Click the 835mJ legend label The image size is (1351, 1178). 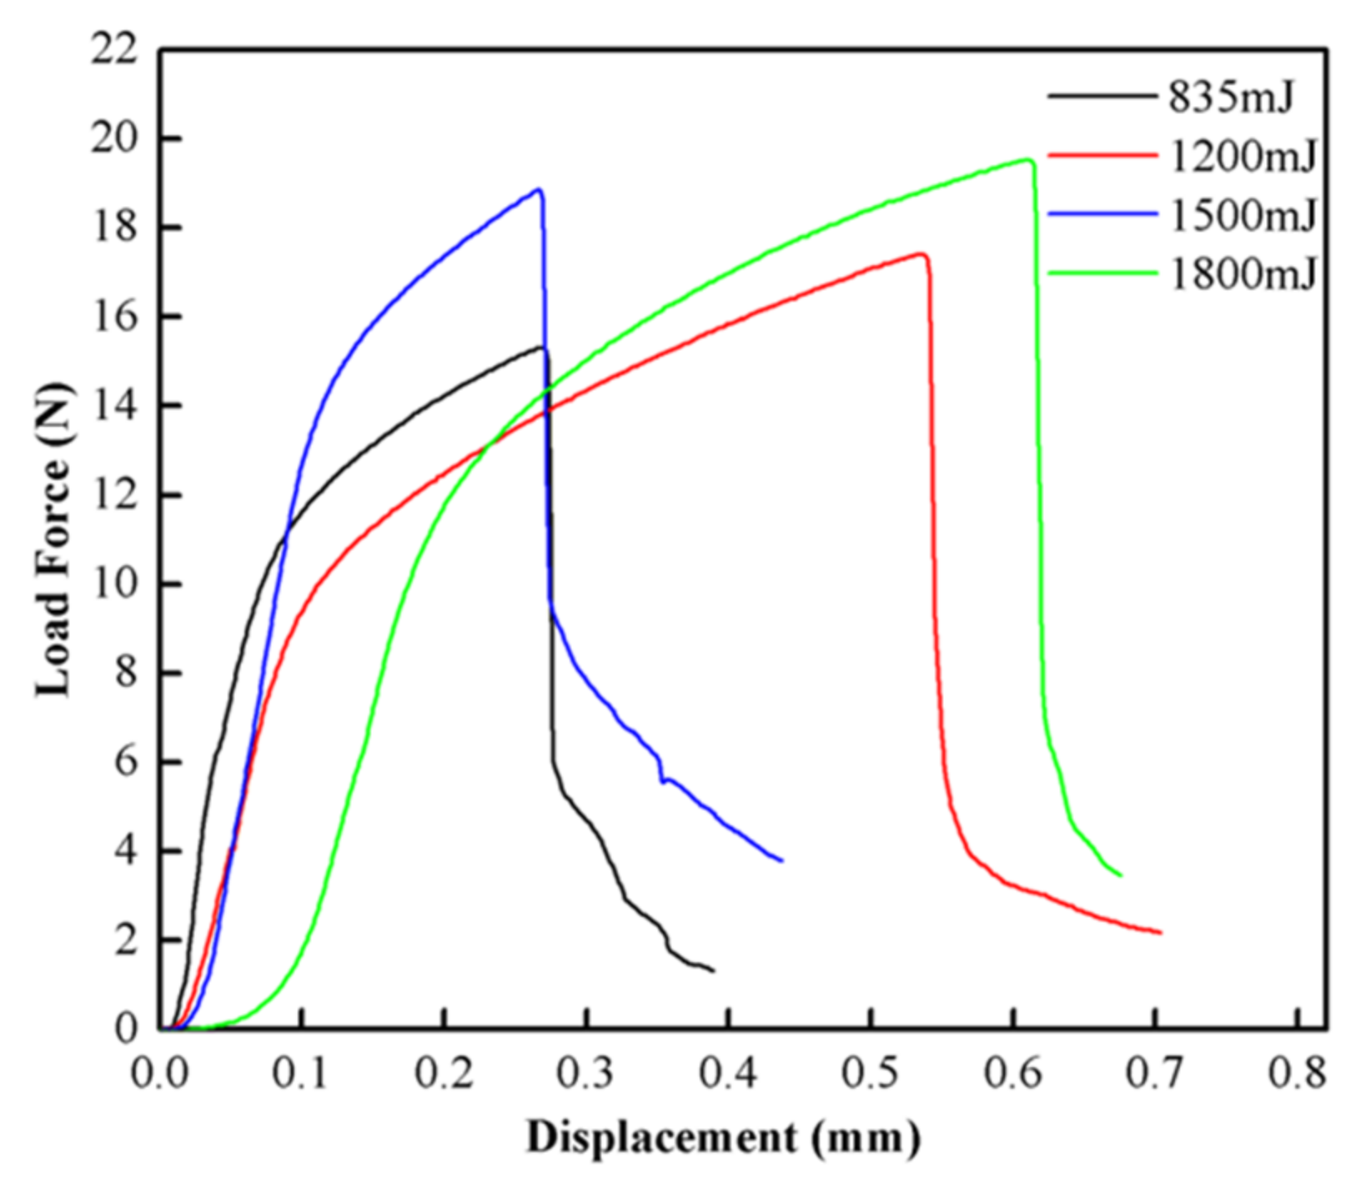(x=1231, y=98)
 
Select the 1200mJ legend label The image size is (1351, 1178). (x=1243, y=156)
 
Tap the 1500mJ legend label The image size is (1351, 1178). (x=1243, y=214)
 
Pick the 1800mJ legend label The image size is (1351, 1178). (x=1243, y=273)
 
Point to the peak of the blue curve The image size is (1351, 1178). (x=540, y=189)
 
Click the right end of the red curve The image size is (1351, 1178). (x=1160, y=933)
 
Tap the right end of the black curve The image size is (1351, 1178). (x=714, y=970)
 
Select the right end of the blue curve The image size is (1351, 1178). (x=781, y=860)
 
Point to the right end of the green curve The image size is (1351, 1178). (x=1121, y=875)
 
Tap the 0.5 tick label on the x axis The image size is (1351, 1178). (x=870, y=1074)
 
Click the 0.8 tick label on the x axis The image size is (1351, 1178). (x=1297, y=1074)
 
